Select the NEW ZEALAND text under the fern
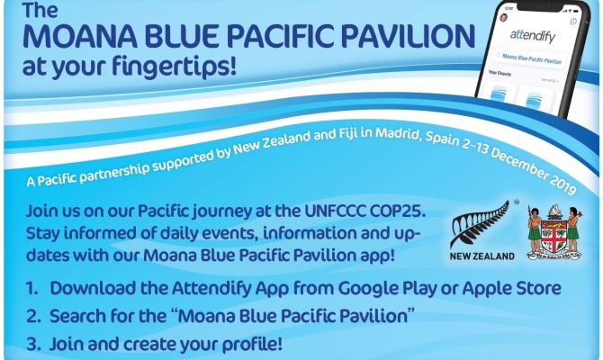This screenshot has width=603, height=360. point(482,256)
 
